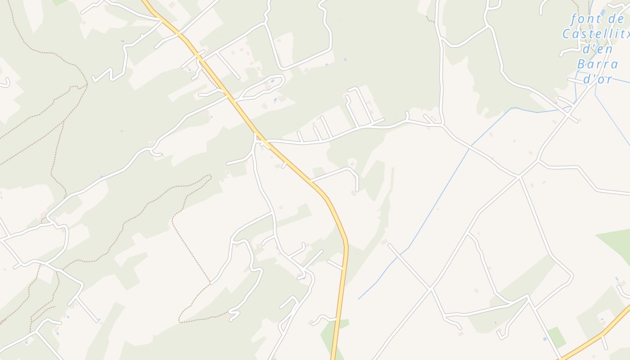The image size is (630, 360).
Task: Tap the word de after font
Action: [x=615, y=19]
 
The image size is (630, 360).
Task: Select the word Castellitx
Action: [x=595, y=34]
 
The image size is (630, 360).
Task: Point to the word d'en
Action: [x=598, y=49]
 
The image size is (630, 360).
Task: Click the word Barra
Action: [x=597, y=63]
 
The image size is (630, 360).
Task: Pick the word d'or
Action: [x=598, y=79]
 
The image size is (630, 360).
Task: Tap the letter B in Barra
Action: [x=581, y=63]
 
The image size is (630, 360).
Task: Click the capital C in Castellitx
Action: [x=567, y=34]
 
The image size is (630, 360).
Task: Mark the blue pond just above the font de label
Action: [x=603, y=12]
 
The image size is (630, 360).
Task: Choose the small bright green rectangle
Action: [x=557, y=337]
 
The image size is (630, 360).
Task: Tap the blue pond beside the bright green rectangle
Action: [x=545, y=339]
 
